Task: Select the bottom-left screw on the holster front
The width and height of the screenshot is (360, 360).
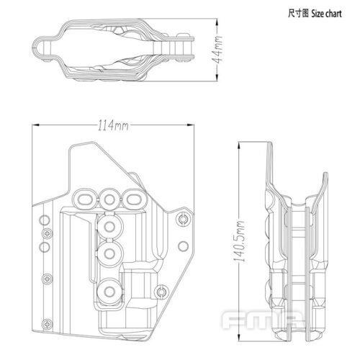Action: point(47,276)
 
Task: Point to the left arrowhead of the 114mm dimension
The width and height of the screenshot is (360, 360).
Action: point(37,127)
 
